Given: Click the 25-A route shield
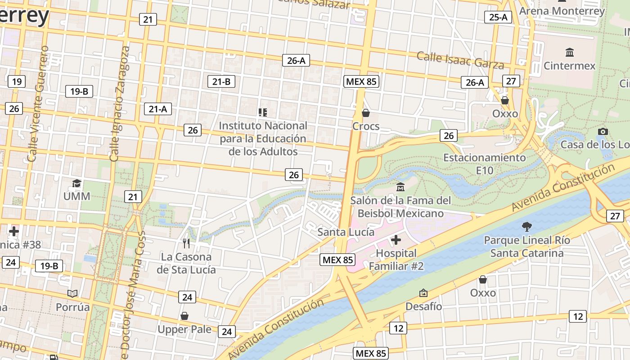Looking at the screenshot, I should pyautogui.click(x=499, y=17).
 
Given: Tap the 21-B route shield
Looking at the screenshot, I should pyautogui.click(x=221, y=81).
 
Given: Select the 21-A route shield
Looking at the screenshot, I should pyautogui.click(x=157, y=109).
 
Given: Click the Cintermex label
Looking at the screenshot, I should pyautogui.click(x=569, y=66).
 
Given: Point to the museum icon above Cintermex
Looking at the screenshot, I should pyautogui.click(x=570, y=52).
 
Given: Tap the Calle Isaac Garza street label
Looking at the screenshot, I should pyautogui.click(x=460, y=60).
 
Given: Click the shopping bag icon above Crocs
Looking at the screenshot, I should pyautogui.click(x=366, y=112).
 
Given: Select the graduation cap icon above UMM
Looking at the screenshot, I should pyautogui.click(x=77, y=183).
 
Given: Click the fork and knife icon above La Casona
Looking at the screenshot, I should pyautogui.click(x=186, y=243).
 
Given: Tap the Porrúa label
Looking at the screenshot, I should pyautogui.click(x=73, y=307).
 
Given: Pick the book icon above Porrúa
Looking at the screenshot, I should pyautogui.click(x=72, y=294).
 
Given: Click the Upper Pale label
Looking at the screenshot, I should pyautogui.click(x=184, y=329).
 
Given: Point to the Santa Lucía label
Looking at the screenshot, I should pyautogui.click(x=346, y=232).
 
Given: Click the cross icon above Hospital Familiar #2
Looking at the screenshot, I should pyautogui.click(x=396, y=240).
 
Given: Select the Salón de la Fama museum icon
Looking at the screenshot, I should pyautogui.click(x=400, y=187).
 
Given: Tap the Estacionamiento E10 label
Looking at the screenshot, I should pyautogui.click(x=484, y=164).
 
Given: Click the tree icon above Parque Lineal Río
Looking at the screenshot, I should pyautogui.click(x=526, y=226).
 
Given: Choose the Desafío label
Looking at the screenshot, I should pyautogui.click(x=423, y=306).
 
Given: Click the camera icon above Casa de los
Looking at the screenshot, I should pyautogui.click(x=603, y=131).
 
